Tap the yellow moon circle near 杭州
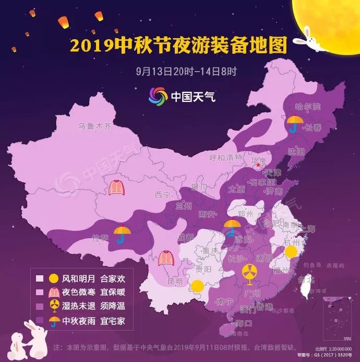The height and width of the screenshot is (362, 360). pyautogui.click(x=291, y=252)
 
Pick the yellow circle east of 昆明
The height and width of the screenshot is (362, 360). pyautogui.click(x=197, y=286)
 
